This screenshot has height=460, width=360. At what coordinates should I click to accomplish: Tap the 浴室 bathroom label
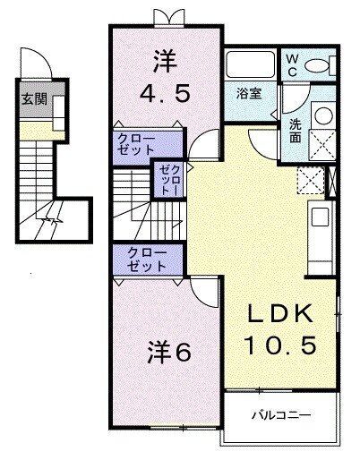(x=248, y=92)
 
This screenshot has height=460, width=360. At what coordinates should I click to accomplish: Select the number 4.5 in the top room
(x=167, y=92)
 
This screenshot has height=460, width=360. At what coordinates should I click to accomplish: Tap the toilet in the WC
(x=318, y=65)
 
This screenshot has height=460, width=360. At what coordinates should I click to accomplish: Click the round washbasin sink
(x=320, y=115)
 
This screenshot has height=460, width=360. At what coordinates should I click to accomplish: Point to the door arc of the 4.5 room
(x=201, y=142)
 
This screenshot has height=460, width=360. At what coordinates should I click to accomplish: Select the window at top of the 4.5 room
(x=167, y=18)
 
